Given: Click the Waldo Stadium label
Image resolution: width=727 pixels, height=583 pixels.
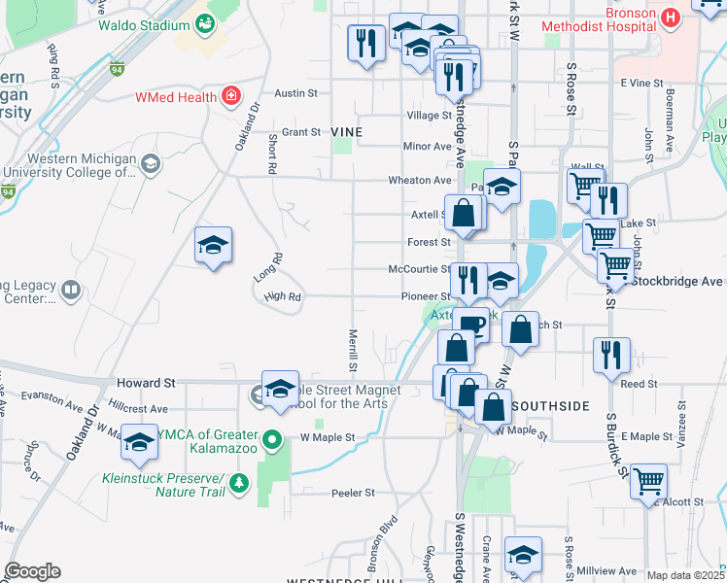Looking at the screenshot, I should point(143,25).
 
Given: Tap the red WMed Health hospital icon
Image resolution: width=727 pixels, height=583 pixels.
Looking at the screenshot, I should point(230,95).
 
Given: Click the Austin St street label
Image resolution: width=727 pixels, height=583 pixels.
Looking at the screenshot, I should point(296,93).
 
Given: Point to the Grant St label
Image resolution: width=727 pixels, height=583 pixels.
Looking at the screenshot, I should point(301,131).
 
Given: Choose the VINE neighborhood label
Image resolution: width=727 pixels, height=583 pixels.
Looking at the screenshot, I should point(347,131).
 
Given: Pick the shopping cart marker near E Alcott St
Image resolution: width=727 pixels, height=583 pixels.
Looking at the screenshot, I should point(648,481).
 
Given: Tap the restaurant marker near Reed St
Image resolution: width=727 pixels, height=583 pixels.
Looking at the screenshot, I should point(611,355).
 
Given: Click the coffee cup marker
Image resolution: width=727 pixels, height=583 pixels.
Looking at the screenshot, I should point(471,325).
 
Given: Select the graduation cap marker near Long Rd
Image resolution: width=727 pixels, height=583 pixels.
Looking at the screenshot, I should point(214,245).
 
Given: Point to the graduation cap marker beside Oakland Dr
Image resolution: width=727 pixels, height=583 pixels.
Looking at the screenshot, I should point(139,442).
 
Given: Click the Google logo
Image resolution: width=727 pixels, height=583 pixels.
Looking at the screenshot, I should point(31,570).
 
